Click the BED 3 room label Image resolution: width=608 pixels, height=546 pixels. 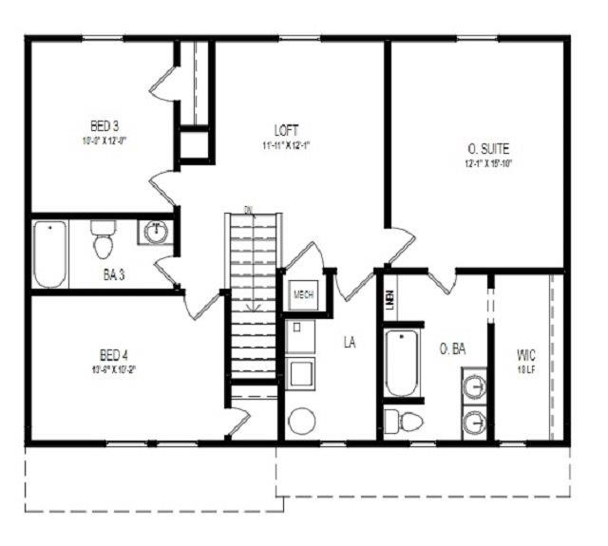click(x=104, y=125)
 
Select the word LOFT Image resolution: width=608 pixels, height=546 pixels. click(x=286, y=130)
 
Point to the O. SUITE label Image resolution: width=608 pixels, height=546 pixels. click(x=489, y=149)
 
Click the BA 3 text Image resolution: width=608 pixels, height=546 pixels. click(x=114, y=274)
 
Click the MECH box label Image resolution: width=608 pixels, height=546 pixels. click(x=304, y=294)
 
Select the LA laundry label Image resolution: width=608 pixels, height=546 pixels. click(x=350, y=343)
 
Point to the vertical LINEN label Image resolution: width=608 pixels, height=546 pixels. click(x=389, y=301)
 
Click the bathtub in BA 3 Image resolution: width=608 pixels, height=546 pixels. click(x=49, y=254)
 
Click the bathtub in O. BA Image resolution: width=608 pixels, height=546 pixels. click(x=402, y=363)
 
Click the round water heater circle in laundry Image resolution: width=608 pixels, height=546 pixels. click(x=303, y=421)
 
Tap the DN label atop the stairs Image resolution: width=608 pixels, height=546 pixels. click(x=249, y=209)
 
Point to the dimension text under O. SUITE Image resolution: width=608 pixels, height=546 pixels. click(x=489, y=163)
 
